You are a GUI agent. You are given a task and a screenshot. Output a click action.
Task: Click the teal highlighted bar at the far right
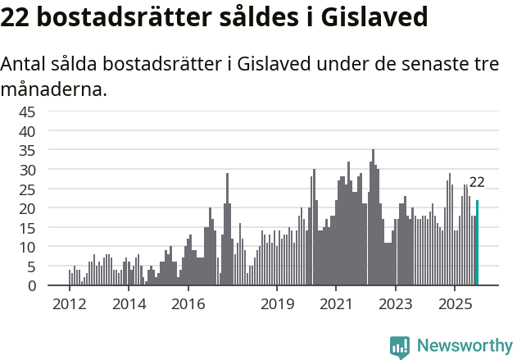[477, 243]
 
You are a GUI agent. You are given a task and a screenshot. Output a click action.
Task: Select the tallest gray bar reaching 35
[373, 218]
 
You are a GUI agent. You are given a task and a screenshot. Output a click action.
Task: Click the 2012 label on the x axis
[69, 303]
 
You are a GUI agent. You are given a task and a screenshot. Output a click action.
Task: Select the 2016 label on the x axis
[188, 303]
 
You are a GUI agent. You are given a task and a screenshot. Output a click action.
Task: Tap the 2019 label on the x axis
[277, 303]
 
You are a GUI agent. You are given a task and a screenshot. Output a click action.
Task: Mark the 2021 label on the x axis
[336, 303]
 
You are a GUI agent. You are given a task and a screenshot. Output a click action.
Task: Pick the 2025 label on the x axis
[455, 303]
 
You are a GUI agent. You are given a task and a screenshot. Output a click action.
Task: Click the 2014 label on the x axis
[129, 303]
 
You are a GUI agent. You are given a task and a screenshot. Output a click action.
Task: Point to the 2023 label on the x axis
[396, 303]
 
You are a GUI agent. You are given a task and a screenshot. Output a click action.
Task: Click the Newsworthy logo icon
[400, 346]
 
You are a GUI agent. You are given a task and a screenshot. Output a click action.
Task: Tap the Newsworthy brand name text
[465, 346]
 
